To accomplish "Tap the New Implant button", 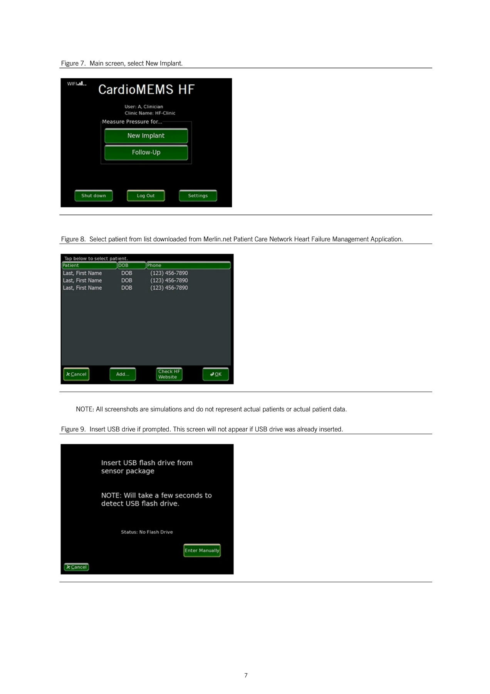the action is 146,136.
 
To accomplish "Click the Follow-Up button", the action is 146,152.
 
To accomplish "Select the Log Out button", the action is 146,195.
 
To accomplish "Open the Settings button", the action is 198,195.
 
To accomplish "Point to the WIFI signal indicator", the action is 77,84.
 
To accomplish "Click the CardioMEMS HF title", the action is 146,89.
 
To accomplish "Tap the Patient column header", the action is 89,265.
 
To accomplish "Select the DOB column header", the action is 132,265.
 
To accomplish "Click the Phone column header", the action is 188,265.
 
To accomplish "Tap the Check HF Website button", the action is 169,374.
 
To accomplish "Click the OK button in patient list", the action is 216,374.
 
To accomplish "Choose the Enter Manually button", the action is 202,550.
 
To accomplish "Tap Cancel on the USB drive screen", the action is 76,567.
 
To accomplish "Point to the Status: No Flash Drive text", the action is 147,532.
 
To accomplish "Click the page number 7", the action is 246,675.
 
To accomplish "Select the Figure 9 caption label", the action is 73,429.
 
